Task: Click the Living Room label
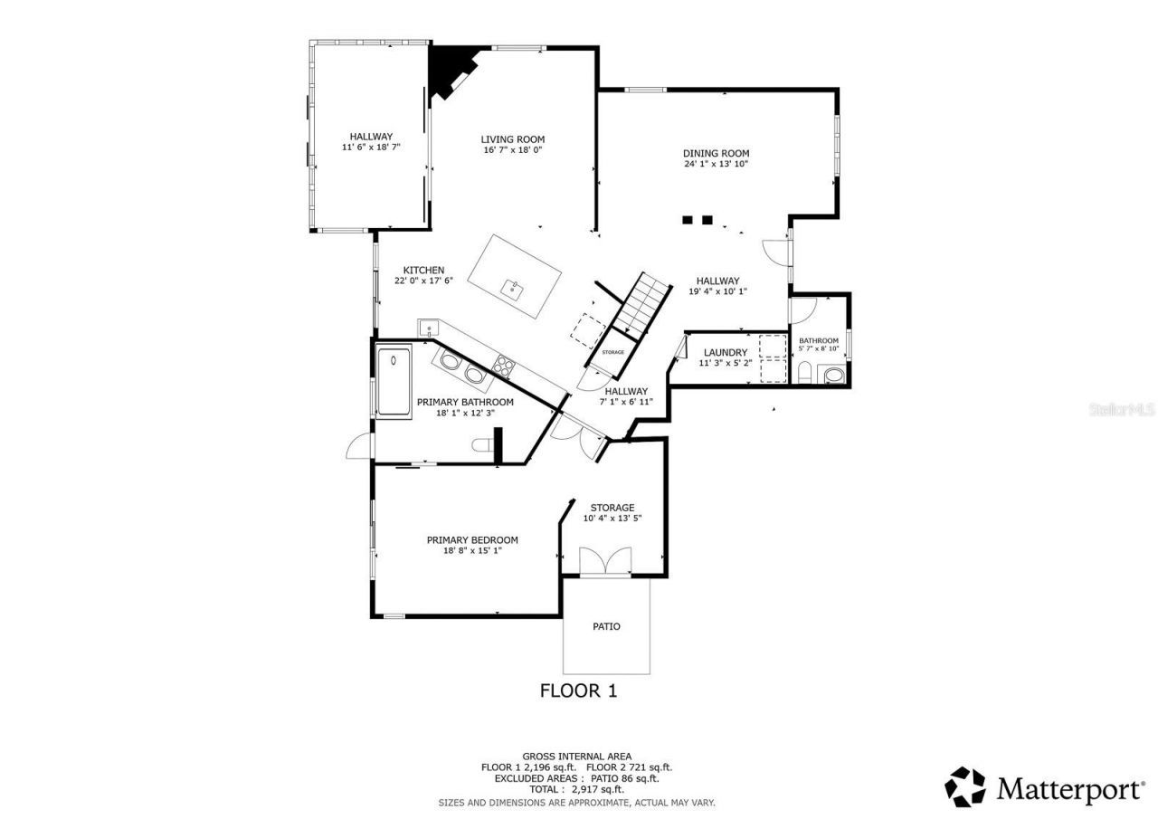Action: point(512,139)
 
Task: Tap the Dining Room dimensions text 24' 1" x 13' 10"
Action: point(716,164)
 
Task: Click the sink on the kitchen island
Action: point(513,290)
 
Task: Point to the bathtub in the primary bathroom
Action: point(394,381)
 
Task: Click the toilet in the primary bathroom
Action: point(484,443)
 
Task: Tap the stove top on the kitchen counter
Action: point(504,366)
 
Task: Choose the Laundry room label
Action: point(726,353)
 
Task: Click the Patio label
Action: point(606,626)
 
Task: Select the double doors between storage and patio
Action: point(605,562)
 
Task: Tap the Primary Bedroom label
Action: point(472,540)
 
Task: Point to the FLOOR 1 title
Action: point(578,690)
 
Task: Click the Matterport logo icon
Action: point(965,787)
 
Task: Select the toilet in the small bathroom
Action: point(804,373)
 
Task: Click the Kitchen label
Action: point(423,271)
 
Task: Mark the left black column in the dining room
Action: point(688,219)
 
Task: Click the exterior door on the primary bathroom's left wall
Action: point(360,446)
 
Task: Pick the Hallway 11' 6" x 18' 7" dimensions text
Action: point(371,147)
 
